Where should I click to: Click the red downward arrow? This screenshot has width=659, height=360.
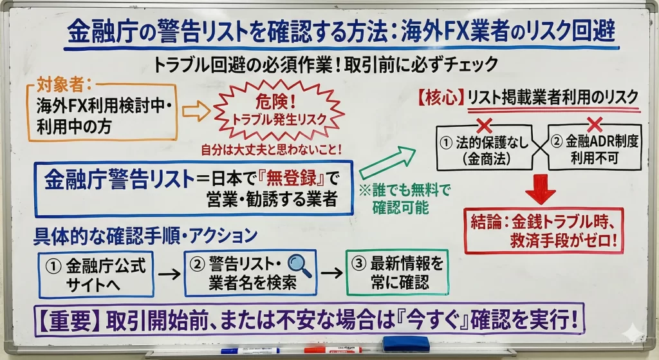pyautogui.click(x=540, y=189)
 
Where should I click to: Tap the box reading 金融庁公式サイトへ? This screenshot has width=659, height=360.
pyautogui.click(x=96, y=273)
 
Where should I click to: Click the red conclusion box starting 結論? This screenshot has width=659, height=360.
pyautogui.click(x=543, y=231)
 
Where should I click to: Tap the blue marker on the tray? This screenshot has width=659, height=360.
pyautogui.click(x=250, y=351)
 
